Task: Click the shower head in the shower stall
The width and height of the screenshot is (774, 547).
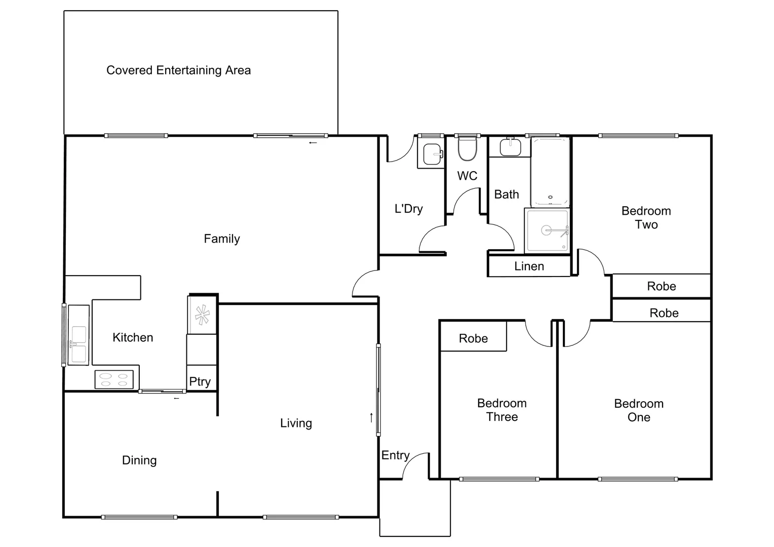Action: coord(547,230)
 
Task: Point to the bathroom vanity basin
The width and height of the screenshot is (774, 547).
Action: coord(510,147)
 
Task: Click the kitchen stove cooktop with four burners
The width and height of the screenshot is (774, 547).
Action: coord(114,380)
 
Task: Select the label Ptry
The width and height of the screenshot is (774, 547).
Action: coord(200,382)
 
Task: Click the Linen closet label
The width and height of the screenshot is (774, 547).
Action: coord(529,266)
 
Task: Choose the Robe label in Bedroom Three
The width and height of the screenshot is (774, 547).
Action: coord(473,338)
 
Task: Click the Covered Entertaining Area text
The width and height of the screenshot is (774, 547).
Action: coord(178,70)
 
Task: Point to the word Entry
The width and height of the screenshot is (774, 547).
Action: coord(395,455)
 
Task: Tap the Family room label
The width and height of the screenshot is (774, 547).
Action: coord(222,239)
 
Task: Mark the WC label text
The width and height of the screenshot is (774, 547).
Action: coord(467,176)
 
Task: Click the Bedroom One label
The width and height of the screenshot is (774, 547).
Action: coord(639,410)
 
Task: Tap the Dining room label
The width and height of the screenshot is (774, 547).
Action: coord(139,460)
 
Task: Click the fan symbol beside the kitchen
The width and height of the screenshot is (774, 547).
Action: coord(202,315)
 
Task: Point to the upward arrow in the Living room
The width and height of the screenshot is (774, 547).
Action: coord(371,417)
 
